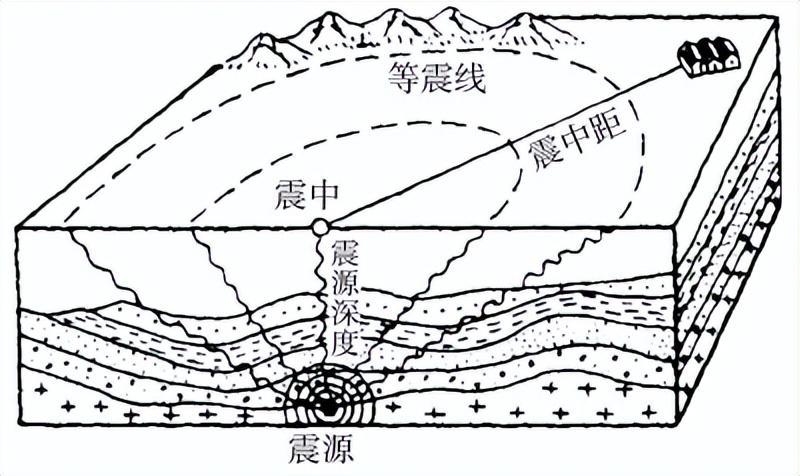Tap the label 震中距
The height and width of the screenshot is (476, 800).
[x=579, y=143]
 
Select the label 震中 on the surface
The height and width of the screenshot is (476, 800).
[x=306, y=195]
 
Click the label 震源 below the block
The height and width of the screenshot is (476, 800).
[x=321, y=447]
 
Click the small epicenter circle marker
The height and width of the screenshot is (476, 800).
[x=319, y=227]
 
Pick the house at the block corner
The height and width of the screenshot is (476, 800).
[x=709, y=55]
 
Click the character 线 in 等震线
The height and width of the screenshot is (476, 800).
[x=468, y=78]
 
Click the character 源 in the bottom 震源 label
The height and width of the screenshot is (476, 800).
[x=339, y=447]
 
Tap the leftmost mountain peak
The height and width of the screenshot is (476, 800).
[x=265, y=36]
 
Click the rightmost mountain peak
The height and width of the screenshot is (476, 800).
[x=524, y=16]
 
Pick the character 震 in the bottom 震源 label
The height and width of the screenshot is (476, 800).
[x=305, y=447]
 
